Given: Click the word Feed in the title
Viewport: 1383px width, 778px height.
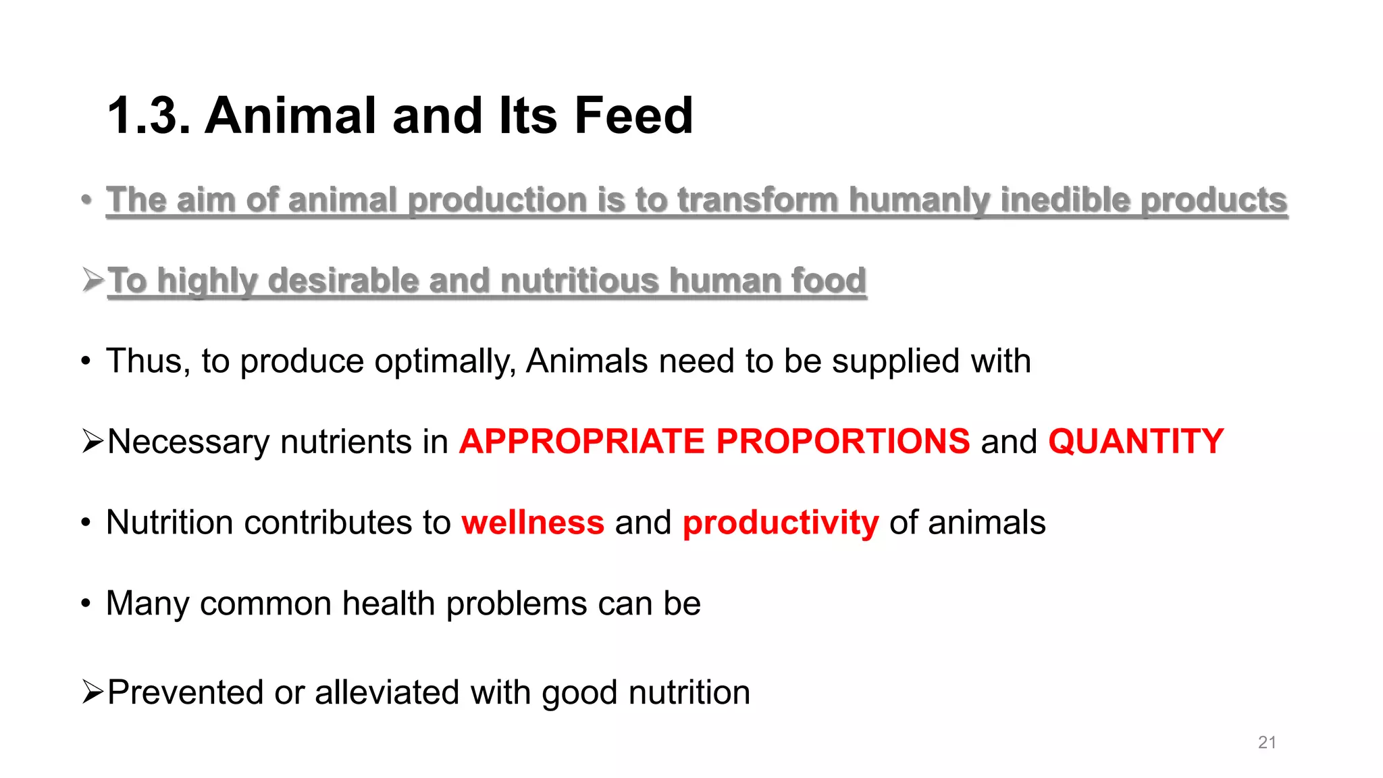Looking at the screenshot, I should coord(633,115).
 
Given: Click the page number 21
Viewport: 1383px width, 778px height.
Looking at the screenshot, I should coord(1267,742).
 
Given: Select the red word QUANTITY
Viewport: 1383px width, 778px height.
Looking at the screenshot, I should coord(1136,442).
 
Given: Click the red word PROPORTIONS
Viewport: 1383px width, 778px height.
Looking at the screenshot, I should coord(843,442).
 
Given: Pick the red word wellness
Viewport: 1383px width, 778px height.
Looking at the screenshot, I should coord(533,523).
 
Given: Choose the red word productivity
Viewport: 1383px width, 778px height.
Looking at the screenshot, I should coord(781,523).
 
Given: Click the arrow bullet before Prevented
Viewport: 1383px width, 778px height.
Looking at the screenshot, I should coord(93,692).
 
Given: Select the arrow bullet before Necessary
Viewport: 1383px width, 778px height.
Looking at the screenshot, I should coord(93,441).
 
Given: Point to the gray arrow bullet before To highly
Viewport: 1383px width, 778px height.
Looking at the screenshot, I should coord(93,279).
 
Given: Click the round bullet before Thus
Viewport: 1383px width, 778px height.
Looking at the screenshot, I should coord(85,361).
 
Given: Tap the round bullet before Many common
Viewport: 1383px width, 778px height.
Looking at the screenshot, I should coord(85,603).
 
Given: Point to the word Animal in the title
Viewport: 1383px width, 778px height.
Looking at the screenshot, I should coord(291,115).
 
